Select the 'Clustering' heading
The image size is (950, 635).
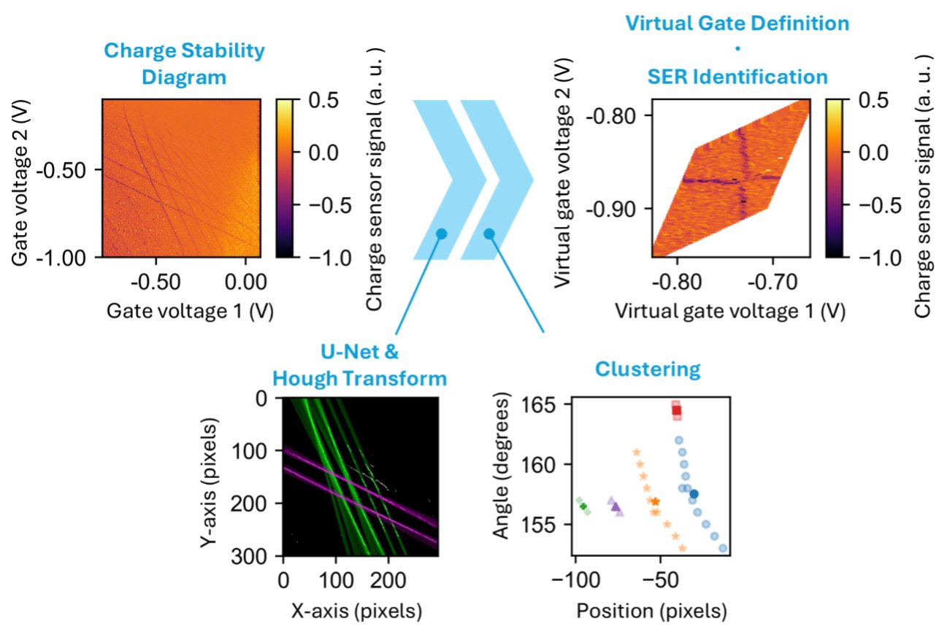[x=648, y=369]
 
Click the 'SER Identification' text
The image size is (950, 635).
[x=737, y=77]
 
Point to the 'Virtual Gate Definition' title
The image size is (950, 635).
[x=737, y=23]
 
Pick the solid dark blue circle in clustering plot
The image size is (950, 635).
[x=694, y=494]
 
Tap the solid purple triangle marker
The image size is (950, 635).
[x=615, y=507]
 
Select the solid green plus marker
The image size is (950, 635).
[x=583, y=506]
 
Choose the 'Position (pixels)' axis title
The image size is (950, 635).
[x=652, y=611]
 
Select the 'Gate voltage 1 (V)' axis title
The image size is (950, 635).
[x=191, y=310]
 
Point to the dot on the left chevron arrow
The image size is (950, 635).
[x=441, y=234]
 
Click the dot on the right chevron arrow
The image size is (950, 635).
[x=489, y=234]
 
